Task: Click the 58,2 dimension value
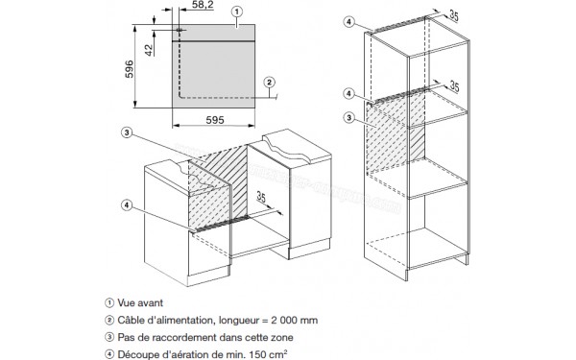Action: [203, 5]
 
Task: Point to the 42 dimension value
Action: [149, 50]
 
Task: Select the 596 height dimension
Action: [130, 69]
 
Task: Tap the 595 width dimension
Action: [215, 120]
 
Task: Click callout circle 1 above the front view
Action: [237, 12]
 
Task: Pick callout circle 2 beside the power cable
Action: [269, 83]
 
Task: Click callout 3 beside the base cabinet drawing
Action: [127, 132]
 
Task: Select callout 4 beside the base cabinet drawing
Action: [127, 205]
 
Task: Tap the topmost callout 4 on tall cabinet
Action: [349, 22]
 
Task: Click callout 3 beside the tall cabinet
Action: [349, 118]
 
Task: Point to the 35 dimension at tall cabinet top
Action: [454, 15]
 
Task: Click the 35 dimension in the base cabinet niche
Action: [261, 197]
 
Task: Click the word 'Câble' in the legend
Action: [131, 320]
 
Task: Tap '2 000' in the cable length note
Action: [283, 320]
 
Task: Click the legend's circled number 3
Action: [109, 337]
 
